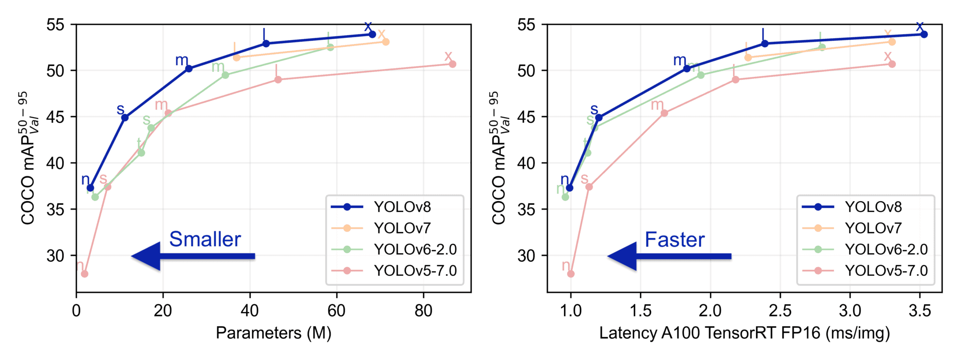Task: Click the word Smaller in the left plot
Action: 205,239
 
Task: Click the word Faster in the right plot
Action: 675,240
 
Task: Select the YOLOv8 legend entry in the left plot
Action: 402,207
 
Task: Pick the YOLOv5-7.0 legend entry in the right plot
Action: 886,270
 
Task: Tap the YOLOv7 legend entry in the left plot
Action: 402,228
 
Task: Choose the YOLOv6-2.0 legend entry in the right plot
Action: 886,249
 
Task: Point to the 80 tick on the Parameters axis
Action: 423,311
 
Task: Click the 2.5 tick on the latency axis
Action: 780,311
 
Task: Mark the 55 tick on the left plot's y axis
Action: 55,24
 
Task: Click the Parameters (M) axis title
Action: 273,333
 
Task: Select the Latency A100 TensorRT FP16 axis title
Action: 744,333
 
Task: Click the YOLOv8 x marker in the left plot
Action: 372,34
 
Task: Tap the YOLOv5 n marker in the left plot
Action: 84,274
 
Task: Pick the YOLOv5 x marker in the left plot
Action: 452,64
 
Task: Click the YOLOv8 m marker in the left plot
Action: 189,68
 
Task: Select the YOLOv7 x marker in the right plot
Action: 892,42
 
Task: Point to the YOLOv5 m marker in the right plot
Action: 664,113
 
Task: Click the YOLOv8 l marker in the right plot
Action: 765,44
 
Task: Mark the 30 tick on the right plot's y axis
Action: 526,255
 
